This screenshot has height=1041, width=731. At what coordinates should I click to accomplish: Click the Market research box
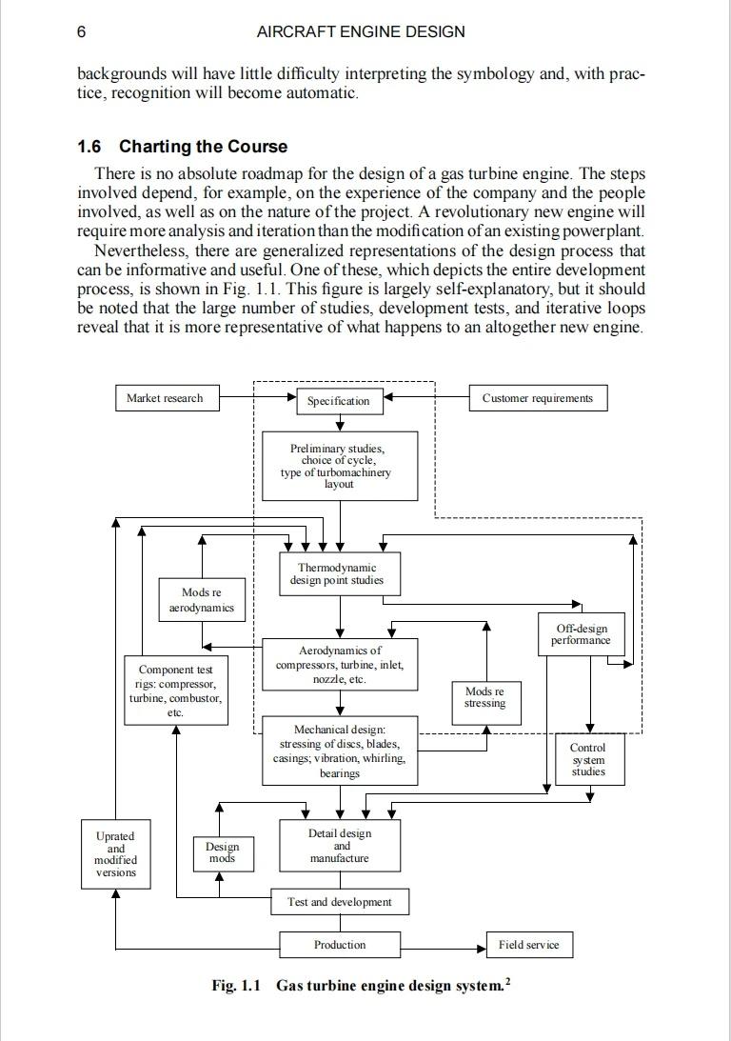click(165, 398)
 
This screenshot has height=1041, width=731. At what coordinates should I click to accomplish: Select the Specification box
click(338, 401)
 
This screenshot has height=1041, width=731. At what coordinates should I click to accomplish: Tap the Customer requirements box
click(538, 398)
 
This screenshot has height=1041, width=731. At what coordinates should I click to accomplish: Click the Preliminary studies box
click(340, 466)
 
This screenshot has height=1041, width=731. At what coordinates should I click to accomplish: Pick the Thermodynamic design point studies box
click(340, 574)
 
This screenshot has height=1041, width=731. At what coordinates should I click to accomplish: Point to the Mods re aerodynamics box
click(201, 600)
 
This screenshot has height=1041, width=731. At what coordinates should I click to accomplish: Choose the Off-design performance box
click(581, 634)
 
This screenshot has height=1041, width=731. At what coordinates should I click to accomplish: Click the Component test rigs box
click(175, 691)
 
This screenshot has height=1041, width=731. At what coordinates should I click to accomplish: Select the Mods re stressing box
click(485, 697)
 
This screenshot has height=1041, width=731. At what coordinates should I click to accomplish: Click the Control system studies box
click(588, 760)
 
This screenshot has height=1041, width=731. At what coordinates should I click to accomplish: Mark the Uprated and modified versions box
click(115, 853)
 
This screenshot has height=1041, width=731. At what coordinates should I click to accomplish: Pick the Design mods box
click(222, 852)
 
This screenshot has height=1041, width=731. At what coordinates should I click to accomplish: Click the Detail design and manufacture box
click(340, 846)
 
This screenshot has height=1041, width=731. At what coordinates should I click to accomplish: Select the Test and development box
click(340, 902)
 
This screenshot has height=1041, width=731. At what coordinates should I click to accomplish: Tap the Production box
click(340, 945)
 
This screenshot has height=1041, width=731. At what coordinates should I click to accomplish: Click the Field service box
click(529, 945)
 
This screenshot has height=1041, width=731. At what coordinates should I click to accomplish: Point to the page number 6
click(82, 31)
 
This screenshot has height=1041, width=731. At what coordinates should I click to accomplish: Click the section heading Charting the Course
click(203, 147)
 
